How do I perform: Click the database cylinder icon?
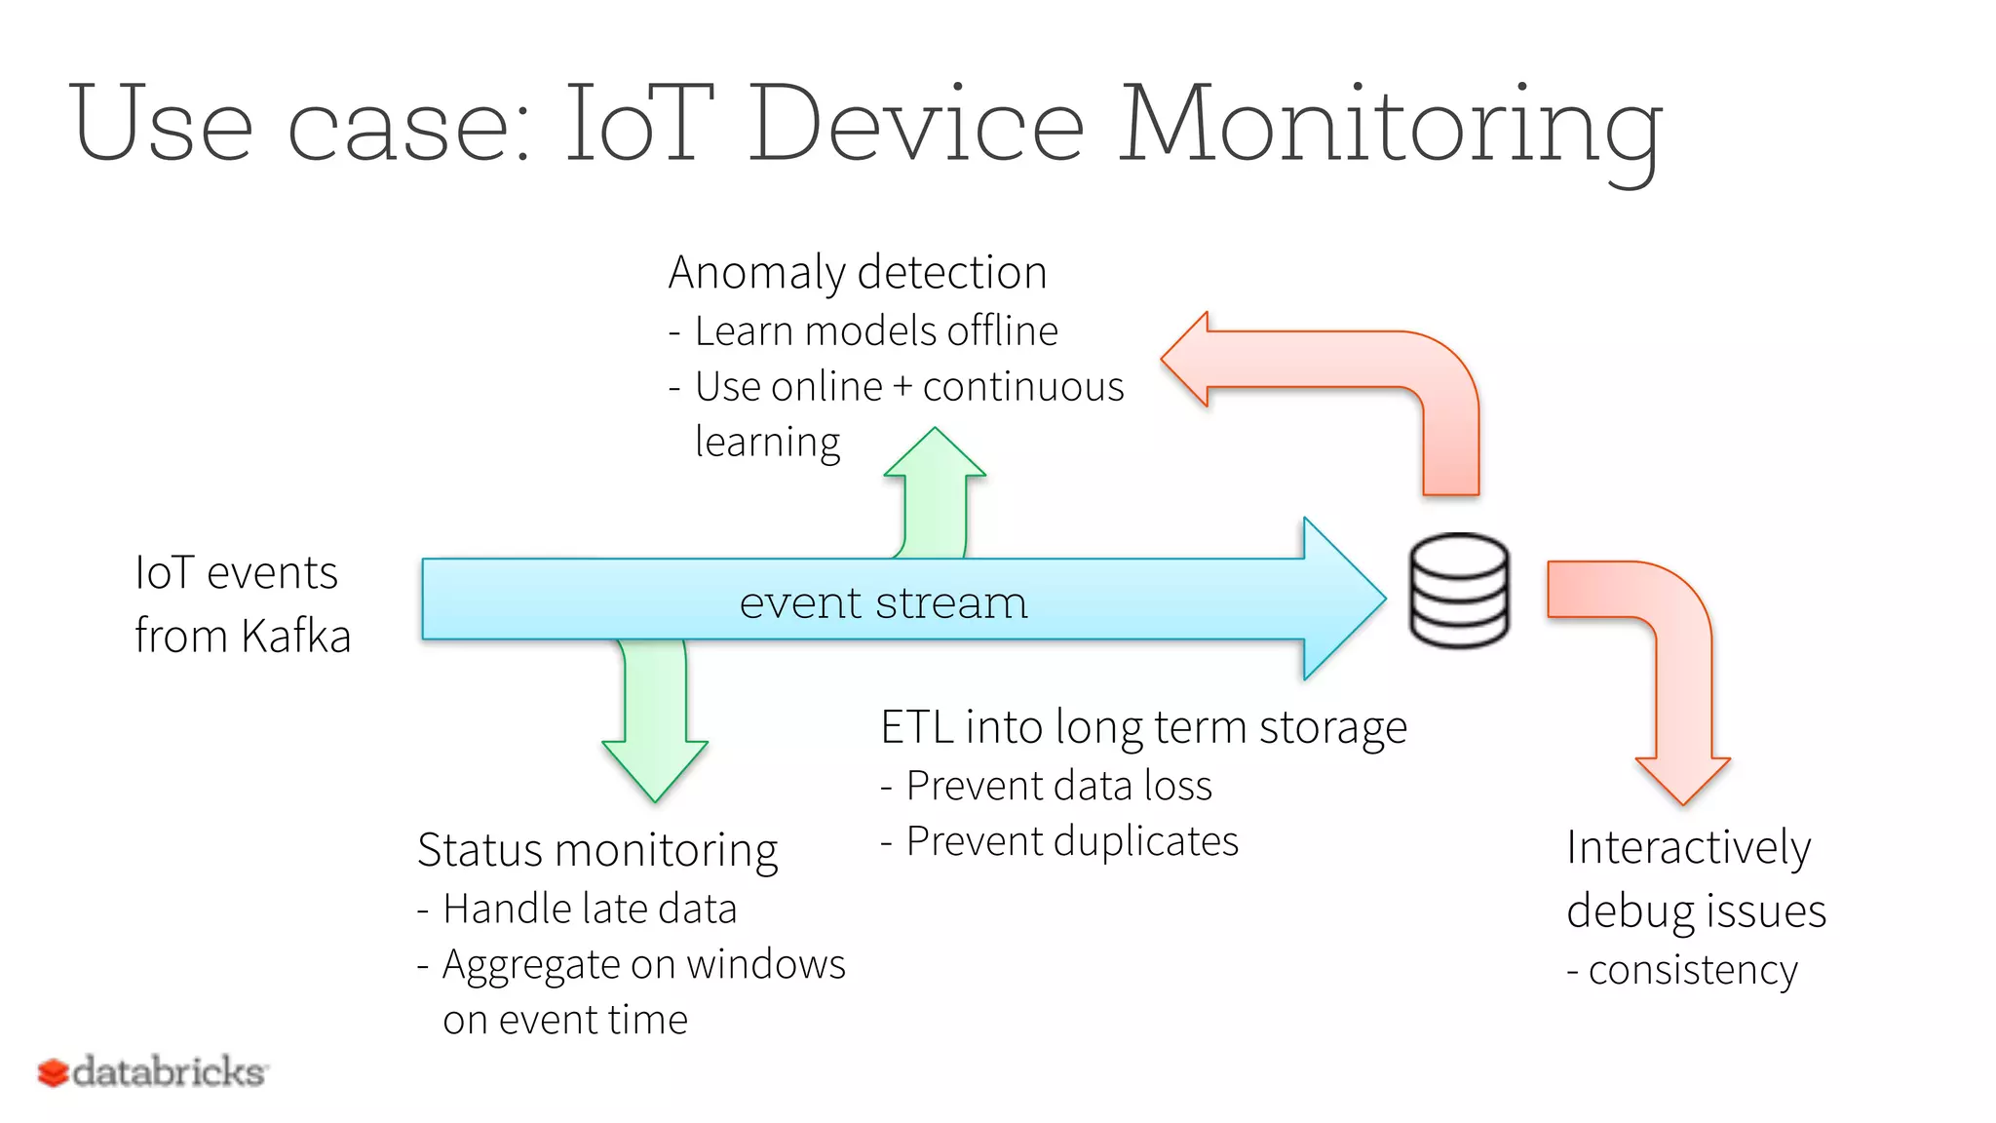click(1459, 590)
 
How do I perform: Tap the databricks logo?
click(153, 1072)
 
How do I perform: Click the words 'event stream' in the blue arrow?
click(883, 602)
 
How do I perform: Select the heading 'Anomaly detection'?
click(857, 272)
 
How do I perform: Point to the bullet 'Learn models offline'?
click(875, 331)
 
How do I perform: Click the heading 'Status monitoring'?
click(597, 850)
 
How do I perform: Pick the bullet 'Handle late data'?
click(589, 910)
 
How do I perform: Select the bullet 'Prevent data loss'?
click(1058, 786)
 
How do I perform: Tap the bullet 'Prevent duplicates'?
click(1071, 841)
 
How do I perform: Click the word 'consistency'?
click(1692, 971)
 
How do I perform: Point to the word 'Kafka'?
click(295, 637)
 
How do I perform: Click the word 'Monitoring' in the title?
click(1390, 127)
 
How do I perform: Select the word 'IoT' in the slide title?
click(638, 125)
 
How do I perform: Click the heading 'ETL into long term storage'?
click(1143, 728)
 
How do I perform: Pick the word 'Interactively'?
click(1688, 848)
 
